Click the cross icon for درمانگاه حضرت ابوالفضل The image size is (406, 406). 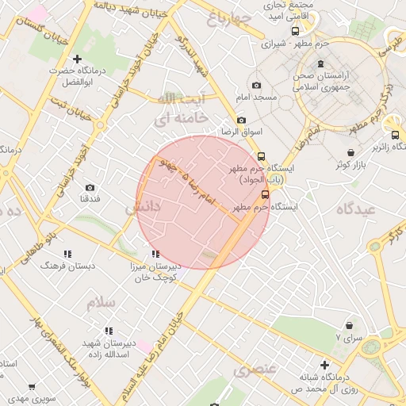pos(77,59)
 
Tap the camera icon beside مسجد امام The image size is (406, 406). pos(255,85)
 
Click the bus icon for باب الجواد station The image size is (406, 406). pos(261,156)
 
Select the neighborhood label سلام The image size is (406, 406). pos(103,303)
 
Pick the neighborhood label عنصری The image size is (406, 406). pos(255,370)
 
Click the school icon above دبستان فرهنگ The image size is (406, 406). pos(67,254)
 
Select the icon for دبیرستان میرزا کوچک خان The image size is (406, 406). pos(155,254)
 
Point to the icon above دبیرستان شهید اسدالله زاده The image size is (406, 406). pos(108,330)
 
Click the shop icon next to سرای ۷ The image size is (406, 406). pos(349,325)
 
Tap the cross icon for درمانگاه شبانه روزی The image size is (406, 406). pos(324,365)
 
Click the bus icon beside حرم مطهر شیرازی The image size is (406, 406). pos(296,32)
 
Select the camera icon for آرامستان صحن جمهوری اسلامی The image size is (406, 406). pos(320,65)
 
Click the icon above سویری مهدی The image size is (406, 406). pos(32,387)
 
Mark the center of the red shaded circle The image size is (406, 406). pos(203,202)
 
